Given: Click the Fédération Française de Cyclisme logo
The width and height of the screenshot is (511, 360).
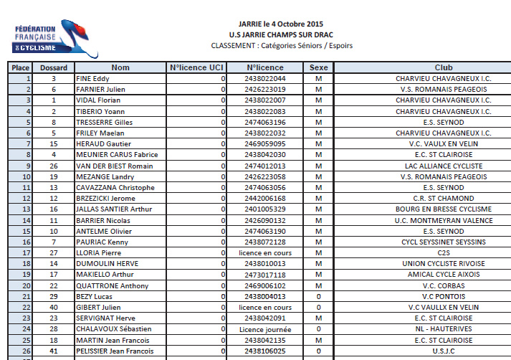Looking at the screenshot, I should pos(46,36).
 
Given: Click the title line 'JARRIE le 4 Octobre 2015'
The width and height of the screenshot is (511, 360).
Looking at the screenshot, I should pos(282,24).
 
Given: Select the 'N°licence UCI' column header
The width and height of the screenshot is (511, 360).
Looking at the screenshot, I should pos(196,67).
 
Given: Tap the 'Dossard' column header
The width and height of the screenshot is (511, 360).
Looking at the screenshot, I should pos(54,67).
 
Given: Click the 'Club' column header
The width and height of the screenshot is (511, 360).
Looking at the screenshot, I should pos(443,67).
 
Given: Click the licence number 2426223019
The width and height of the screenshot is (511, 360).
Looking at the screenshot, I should pos(264,90).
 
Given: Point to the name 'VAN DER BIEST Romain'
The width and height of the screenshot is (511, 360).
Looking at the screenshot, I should pos(115,166).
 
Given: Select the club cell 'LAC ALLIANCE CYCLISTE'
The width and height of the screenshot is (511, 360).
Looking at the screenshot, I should pos(443,166).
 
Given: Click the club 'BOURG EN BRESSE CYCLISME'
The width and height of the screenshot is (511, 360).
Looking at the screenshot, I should pos(443,209).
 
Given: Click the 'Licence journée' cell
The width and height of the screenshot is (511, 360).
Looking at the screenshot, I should pos(264,329).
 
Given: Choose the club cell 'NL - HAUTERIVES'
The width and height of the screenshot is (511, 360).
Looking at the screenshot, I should pos(443,329).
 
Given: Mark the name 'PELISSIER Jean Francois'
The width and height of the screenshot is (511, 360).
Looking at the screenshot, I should pos(115,351).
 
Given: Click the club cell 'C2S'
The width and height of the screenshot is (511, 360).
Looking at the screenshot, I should pos(443,253).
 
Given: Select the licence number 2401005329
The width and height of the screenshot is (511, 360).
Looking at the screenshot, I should pos(264,209).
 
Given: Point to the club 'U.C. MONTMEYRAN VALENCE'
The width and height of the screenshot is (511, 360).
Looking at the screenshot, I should pos(443,220).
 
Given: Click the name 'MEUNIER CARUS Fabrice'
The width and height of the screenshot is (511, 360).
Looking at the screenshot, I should pos(117,155).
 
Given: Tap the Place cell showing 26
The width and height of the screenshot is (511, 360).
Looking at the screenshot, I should pos(27,351).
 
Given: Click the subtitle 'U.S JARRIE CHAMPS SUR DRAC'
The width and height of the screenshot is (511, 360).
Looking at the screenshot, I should pos(282,34).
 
